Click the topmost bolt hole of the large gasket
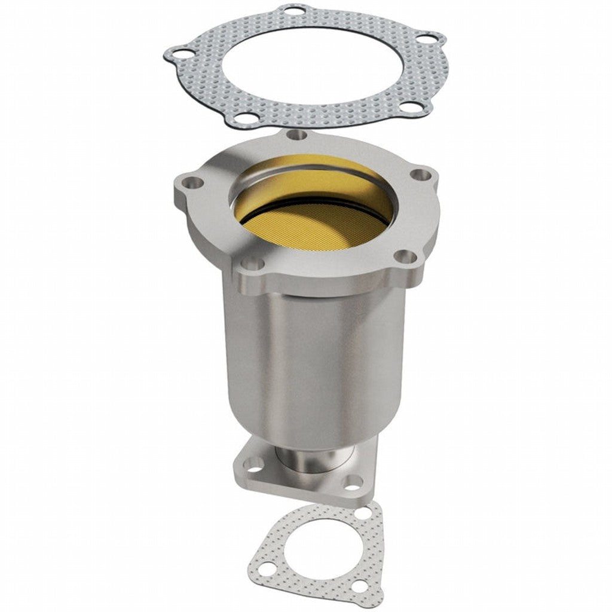[x=293, y=11]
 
